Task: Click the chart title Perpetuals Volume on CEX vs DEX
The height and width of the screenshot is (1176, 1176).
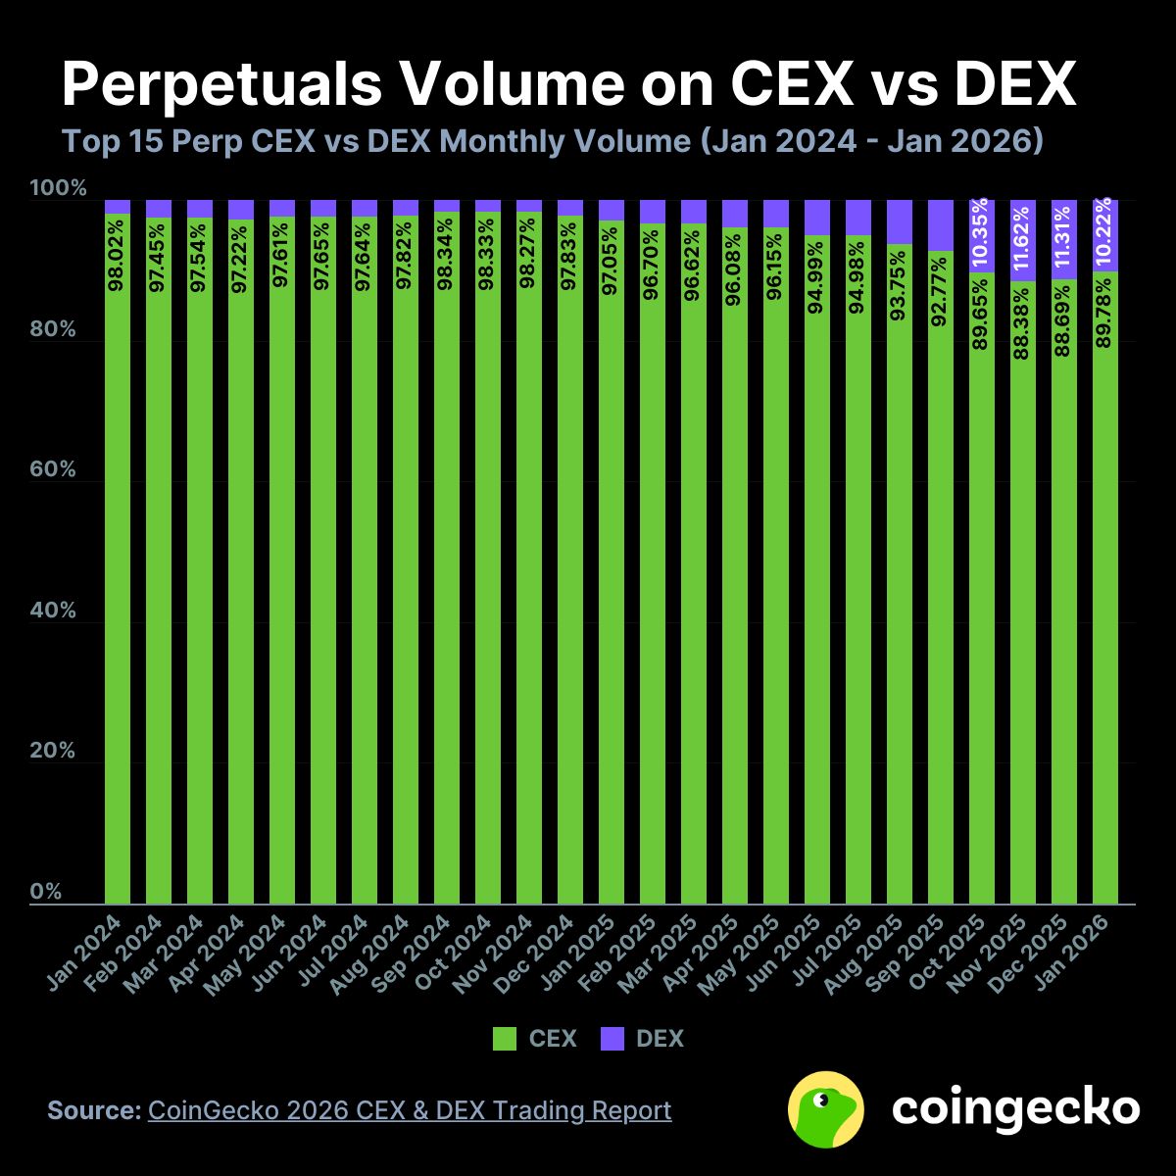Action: click(x=568, y=85)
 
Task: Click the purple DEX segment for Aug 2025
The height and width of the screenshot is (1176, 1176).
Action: click(x=900, y=221)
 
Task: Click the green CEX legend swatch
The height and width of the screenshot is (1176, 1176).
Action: click(x=505, y=1039)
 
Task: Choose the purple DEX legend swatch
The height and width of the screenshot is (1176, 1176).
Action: click(x=612, y=1039)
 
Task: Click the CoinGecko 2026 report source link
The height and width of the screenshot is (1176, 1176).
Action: click(x=410, y=1110)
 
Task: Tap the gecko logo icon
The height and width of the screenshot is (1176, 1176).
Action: click(x=825, y=1108)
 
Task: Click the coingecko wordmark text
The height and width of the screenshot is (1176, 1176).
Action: click(x=1015, y=1108)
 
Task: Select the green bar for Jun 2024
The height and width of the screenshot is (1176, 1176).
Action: click(x=323, y=588)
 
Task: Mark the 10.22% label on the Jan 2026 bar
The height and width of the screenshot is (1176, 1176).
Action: click(x=1105, y=232)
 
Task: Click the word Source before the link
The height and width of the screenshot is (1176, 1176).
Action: click(x=94, y=1110)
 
